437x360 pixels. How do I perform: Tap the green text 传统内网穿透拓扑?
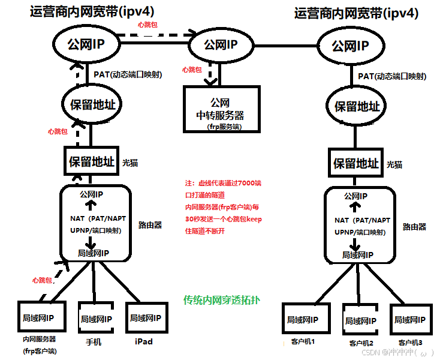coord(225,300)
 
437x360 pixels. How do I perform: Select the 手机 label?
coord(94,342)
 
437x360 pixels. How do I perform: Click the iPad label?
coord(144,341)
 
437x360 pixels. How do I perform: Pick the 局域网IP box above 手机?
coord(96,319)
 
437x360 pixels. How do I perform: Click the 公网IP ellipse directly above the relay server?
coord(221,44)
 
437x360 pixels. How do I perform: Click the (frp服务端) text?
coord(222,127)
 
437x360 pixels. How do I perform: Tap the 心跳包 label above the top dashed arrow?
coord(148,25)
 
